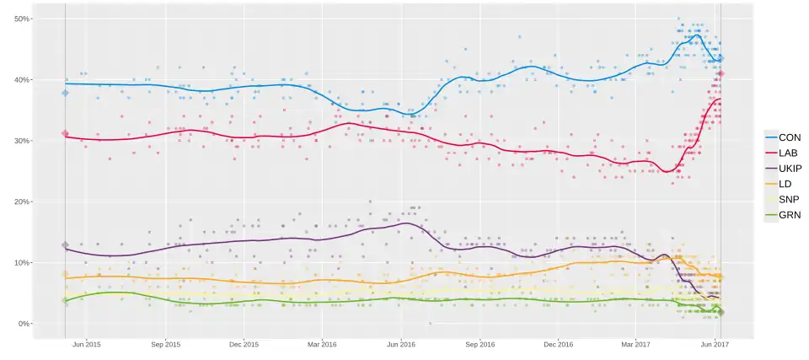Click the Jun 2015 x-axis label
tap(87, 344)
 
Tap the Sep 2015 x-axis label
tap(166, 344)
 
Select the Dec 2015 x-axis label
tap(244, 344)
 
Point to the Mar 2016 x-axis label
tap(323, 344)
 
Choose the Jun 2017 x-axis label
tap(715, 344)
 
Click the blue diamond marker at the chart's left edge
tap(66, 93)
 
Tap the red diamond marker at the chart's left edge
tap(66, 133)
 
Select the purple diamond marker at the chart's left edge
tap(66, 245)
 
